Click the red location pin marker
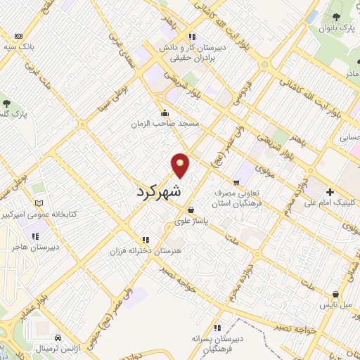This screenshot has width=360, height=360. [180, 165]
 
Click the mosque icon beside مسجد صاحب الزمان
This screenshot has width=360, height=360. [165, 112]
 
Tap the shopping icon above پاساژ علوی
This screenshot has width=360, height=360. [191, 210]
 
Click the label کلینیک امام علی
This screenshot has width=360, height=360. [330, 203]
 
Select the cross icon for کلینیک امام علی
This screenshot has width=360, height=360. [329, 191]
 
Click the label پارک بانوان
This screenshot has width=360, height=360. [335, 29]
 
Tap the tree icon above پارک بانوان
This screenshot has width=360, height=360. [335, 16]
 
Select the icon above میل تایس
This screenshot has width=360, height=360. [335, 295]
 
